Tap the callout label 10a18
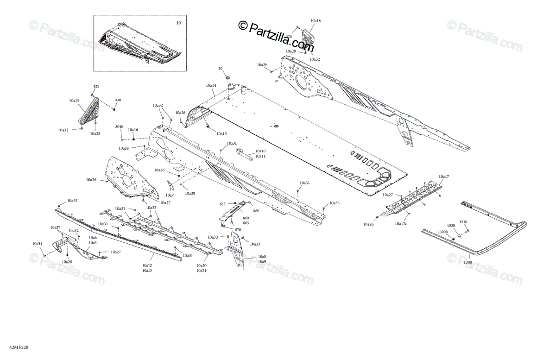(316, 21)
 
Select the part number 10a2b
(262, 64)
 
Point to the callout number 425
(96, 87)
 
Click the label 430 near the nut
(118, 100)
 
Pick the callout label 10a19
(74, 101)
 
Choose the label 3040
(119, 126)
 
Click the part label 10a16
(133, 130)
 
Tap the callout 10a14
(211, 86)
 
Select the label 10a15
(221, 134)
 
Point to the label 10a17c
(401, 224)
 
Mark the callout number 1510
(463, 222)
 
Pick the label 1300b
(442, 231)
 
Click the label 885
(222, 204)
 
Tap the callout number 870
(238, 230)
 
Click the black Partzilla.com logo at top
(276, 35)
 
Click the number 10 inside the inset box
(178, 23)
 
